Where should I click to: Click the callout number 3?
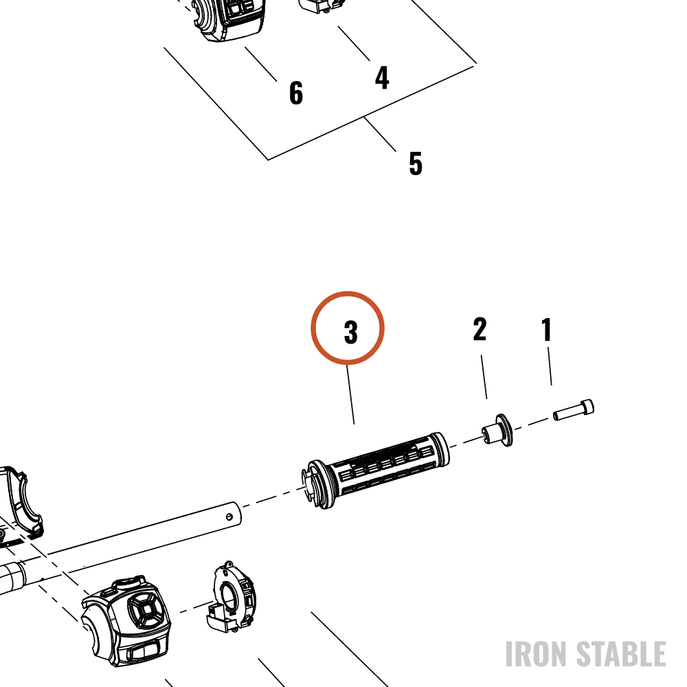click(x=350, y=332)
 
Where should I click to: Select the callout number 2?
click(x=480, y=329)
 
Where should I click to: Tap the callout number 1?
click(x=546, y=330)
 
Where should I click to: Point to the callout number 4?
click(x=382, y=78)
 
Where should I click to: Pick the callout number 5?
click(x=416, y=164)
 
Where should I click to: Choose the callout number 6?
click(x=296, y=93)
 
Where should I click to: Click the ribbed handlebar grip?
click(x=376, y=470)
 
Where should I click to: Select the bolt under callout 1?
click(x=574, y=410)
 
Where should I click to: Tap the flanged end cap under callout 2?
click(x=497, y=430)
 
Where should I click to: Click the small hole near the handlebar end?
click(x=229, y=517)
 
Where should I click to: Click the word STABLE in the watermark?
click(x=621, y=654)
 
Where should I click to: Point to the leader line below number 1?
click(x=550, y=366)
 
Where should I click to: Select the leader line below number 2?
click(x=484, y=376)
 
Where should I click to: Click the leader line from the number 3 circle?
click(x=350, y=394)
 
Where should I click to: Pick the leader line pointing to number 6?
click(x=261, y=64)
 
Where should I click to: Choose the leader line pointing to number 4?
click(x=354, y=43)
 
